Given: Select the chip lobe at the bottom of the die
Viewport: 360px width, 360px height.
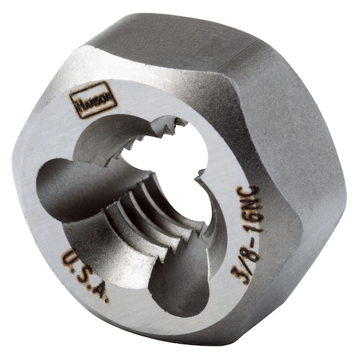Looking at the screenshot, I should click(173, 278).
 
